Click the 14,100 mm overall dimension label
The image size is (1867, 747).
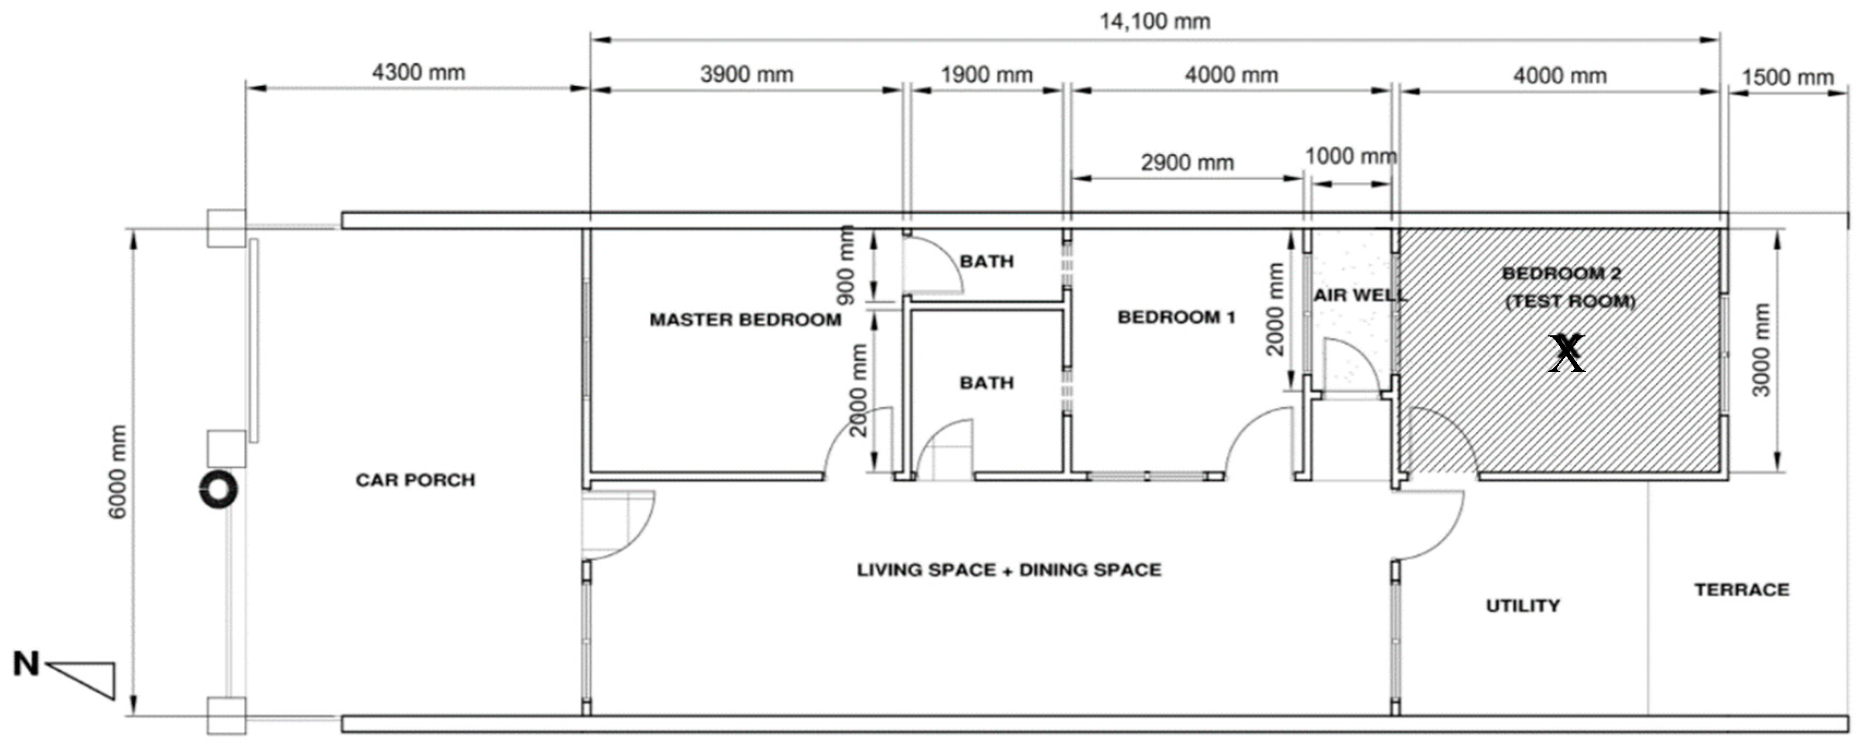click(x=1154, y=22)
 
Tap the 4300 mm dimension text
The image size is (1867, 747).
click(x=419, y=73)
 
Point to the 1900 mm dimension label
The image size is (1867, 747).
click(x=986, y=75)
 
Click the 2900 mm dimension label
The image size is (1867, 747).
click(x=1187, y=162)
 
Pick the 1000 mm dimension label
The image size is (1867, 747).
click(x=1351, y=156)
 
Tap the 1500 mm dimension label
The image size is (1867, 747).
click(x=1787, y=77)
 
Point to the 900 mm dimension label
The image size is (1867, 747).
click(x=846, y=264)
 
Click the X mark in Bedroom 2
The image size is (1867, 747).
click(x=1566, y=353)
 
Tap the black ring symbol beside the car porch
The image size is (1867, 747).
click(x=218, y=489)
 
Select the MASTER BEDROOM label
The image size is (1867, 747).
click(x=745, y=320)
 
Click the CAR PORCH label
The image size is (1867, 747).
click(x=415, y=480)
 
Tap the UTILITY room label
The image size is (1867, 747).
click(x=1523, y=606)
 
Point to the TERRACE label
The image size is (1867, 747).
click(x=1742, y=590)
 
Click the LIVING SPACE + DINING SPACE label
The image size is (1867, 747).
click(x=1009, y=570)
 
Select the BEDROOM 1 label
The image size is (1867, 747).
click(x=1176, y=317)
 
